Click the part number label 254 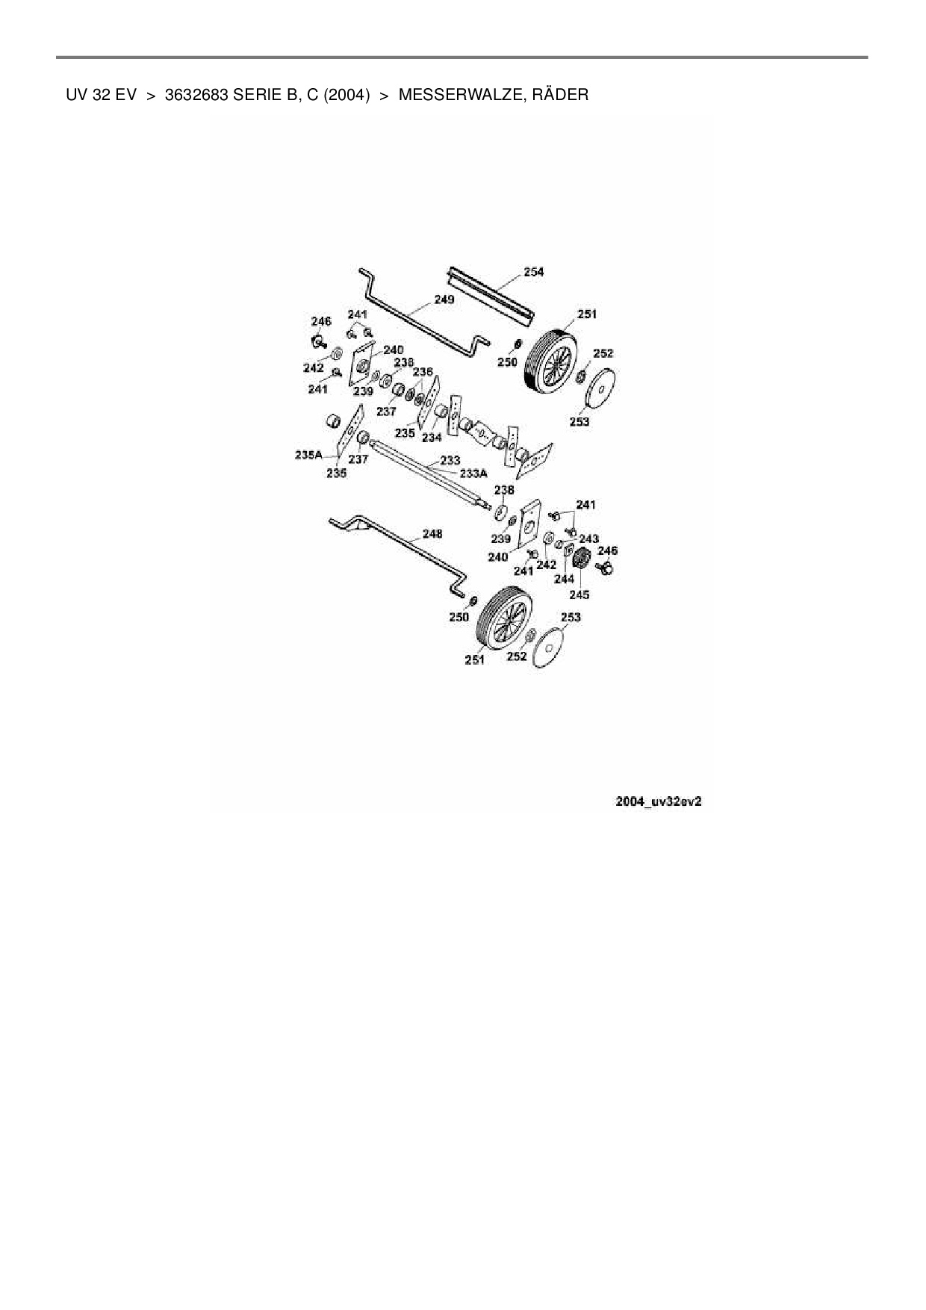(534, 272)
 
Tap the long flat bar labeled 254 (489, 294)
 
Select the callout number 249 (444, 299)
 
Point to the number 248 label (432, 533)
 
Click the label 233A (473, 473)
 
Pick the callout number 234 (432, 438)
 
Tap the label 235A (308, 454)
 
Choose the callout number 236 (423, 372)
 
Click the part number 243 (588, 538)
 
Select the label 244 (564, 579)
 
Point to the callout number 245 (579, 595)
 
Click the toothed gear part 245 (582, 557)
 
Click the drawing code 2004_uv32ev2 (658, 801)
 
